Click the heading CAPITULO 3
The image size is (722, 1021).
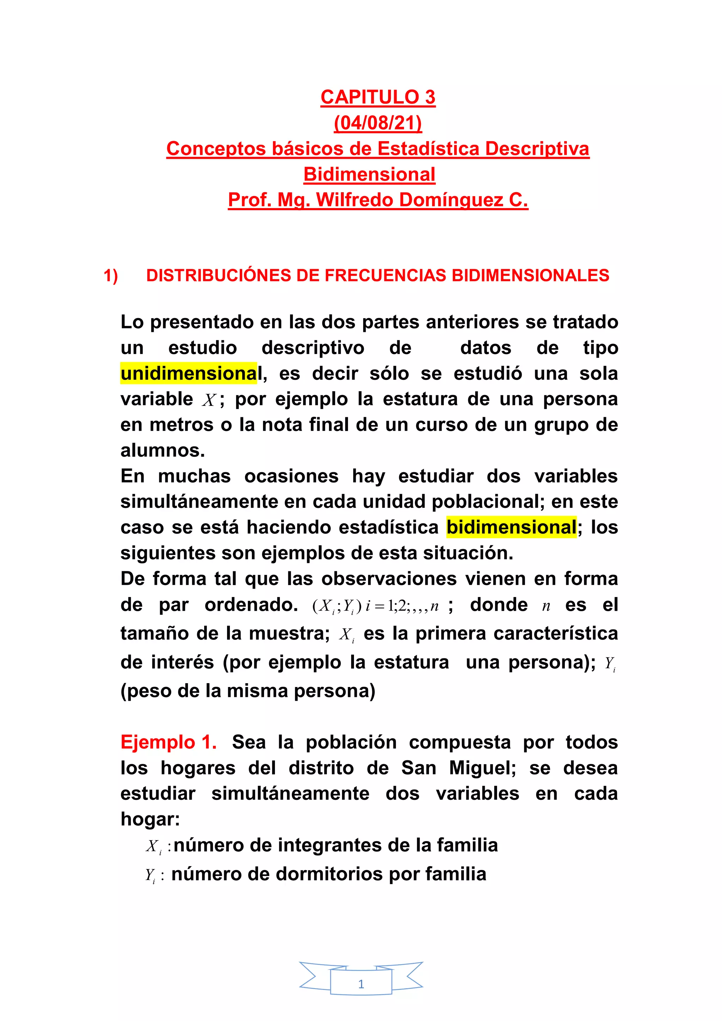pyautogui.click(x=378, y=97)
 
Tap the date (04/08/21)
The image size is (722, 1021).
pyautogui.click(x=378, y=123)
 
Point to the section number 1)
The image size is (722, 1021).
pyautogui.click(x=111, y=276)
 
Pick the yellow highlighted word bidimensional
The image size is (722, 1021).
pyautogui.click(x=511, y=527)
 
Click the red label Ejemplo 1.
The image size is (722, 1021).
pyautogui.click(x=169, y=742)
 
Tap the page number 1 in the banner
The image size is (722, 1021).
pyautogui.click(x=361, y=984)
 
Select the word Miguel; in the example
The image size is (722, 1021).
pyautogui.click(x=482, y=768)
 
